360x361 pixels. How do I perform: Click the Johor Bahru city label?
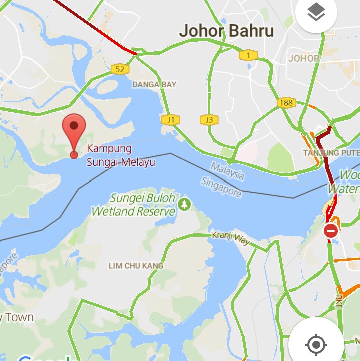tap(226, 31)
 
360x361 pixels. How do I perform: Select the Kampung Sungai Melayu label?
tap(120, 155)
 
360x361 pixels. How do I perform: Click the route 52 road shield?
tap(120, 69)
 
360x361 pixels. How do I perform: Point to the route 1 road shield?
tap(248, 55)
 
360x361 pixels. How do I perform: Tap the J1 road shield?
tap(170, 120)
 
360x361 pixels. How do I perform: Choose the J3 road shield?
tap(209, 120)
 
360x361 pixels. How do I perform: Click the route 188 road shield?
tap(286, 103)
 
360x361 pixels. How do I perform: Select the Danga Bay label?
tap(154, 85)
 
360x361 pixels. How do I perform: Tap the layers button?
tap(316, 14)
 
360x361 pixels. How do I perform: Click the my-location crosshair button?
tap(316, 345)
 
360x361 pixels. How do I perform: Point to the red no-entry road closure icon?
tap(330, 231)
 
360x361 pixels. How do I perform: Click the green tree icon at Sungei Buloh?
tap(185, 204)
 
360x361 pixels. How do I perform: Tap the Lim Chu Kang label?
tap(136, 266)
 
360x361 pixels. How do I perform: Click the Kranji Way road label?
tap(230, 237)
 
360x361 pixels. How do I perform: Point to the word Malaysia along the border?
tap(228, 170)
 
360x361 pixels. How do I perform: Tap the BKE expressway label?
tap(339, 301)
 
